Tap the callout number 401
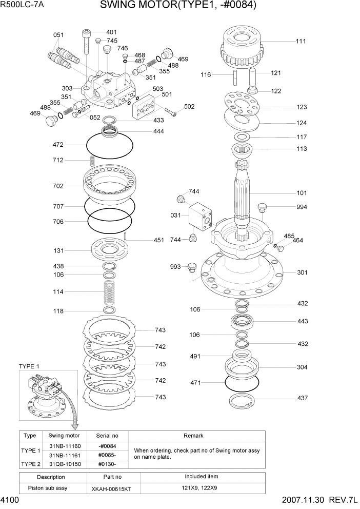pos(112,32)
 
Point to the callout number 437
pos(302,399)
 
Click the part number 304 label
pos(302,367)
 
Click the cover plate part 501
pos(146,108)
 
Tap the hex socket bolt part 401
pos(86,41)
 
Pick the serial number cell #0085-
pos(108,455)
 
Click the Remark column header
pos(194,435)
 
